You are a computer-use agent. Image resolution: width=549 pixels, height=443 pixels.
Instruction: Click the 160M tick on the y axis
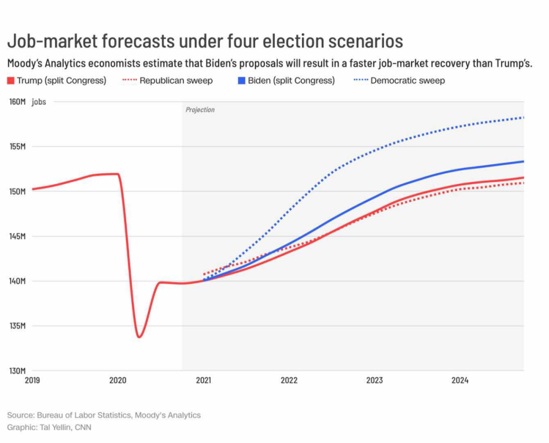17,102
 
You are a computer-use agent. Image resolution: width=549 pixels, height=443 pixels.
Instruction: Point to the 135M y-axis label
17,326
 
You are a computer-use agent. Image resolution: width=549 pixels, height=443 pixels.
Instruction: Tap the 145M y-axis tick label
17,236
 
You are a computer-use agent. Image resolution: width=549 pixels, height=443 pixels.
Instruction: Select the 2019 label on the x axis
32,380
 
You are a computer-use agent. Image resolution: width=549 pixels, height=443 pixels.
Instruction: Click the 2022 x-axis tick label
289,380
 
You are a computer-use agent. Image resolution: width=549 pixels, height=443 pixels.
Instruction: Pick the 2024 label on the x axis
461,380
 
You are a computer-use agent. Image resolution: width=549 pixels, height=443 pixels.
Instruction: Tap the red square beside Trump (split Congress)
11,80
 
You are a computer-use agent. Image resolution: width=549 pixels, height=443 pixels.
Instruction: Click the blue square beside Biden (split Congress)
241,80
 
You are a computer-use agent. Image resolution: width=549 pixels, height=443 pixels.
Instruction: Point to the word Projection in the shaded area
200,109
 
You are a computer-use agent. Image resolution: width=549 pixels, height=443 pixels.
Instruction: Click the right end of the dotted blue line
524,118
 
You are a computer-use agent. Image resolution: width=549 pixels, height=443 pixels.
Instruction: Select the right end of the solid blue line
524,161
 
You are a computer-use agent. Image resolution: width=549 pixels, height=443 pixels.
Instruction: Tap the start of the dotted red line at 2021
204,274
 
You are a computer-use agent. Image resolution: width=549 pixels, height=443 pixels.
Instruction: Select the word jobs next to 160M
39,102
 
